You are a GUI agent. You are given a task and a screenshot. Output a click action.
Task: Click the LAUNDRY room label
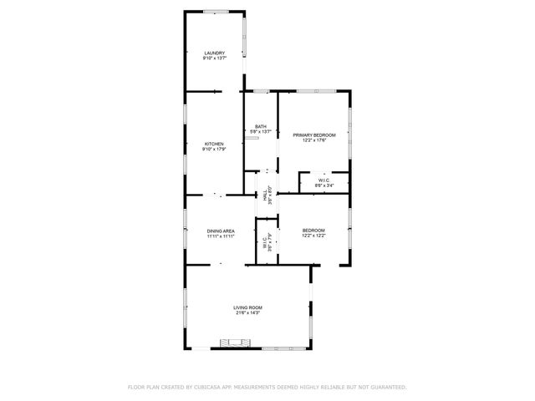pos(214,53)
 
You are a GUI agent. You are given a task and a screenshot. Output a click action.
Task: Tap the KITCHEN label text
pos(214,144)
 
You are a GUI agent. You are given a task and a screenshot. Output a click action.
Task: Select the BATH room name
pos(261,126)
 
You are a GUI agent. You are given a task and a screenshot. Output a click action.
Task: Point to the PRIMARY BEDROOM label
pos(313,135)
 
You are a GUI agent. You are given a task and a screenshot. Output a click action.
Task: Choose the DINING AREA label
pos(221,231)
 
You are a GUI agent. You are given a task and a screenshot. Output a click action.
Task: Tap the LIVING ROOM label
pos(247,307)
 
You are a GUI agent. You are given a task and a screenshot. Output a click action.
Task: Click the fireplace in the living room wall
pos(235,342)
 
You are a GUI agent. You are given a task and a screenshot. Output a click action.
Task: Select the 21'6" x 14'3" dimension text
pos(247,313)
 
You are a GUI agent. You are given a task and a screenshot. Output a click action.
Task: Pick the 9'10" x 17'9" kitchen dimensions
pos(214,150)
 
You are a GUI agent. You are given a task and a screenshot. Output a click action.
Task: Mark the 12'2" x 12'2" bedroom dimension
pos(313,236)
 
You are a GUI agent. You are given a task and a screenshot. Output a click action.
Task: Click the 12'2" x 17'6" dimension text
pos(313,140)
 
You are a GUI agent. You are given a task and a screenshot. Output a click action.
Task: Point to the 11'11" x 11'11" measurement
pos(221,236)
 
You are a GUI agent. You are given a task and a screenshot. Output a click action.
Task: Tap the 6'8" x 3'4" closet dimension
pos(323,185)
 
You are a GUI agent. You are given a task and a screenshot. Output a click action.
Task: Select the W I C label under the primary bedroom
pos(323,180)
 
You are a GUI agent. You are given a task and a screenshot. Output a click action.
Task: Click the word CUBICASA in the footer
pos(207,388)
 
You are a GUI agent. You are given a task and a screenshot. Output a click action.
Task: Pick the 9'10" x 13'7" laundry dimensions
pos(214,58)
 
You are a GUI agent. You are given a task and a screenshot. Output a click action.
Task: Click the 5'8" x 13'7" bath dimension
pos(261,132)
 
